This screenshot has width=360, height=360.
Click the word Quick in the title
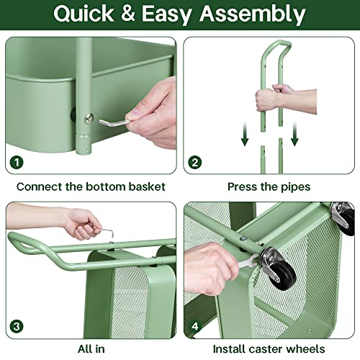tap(86, 14)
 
